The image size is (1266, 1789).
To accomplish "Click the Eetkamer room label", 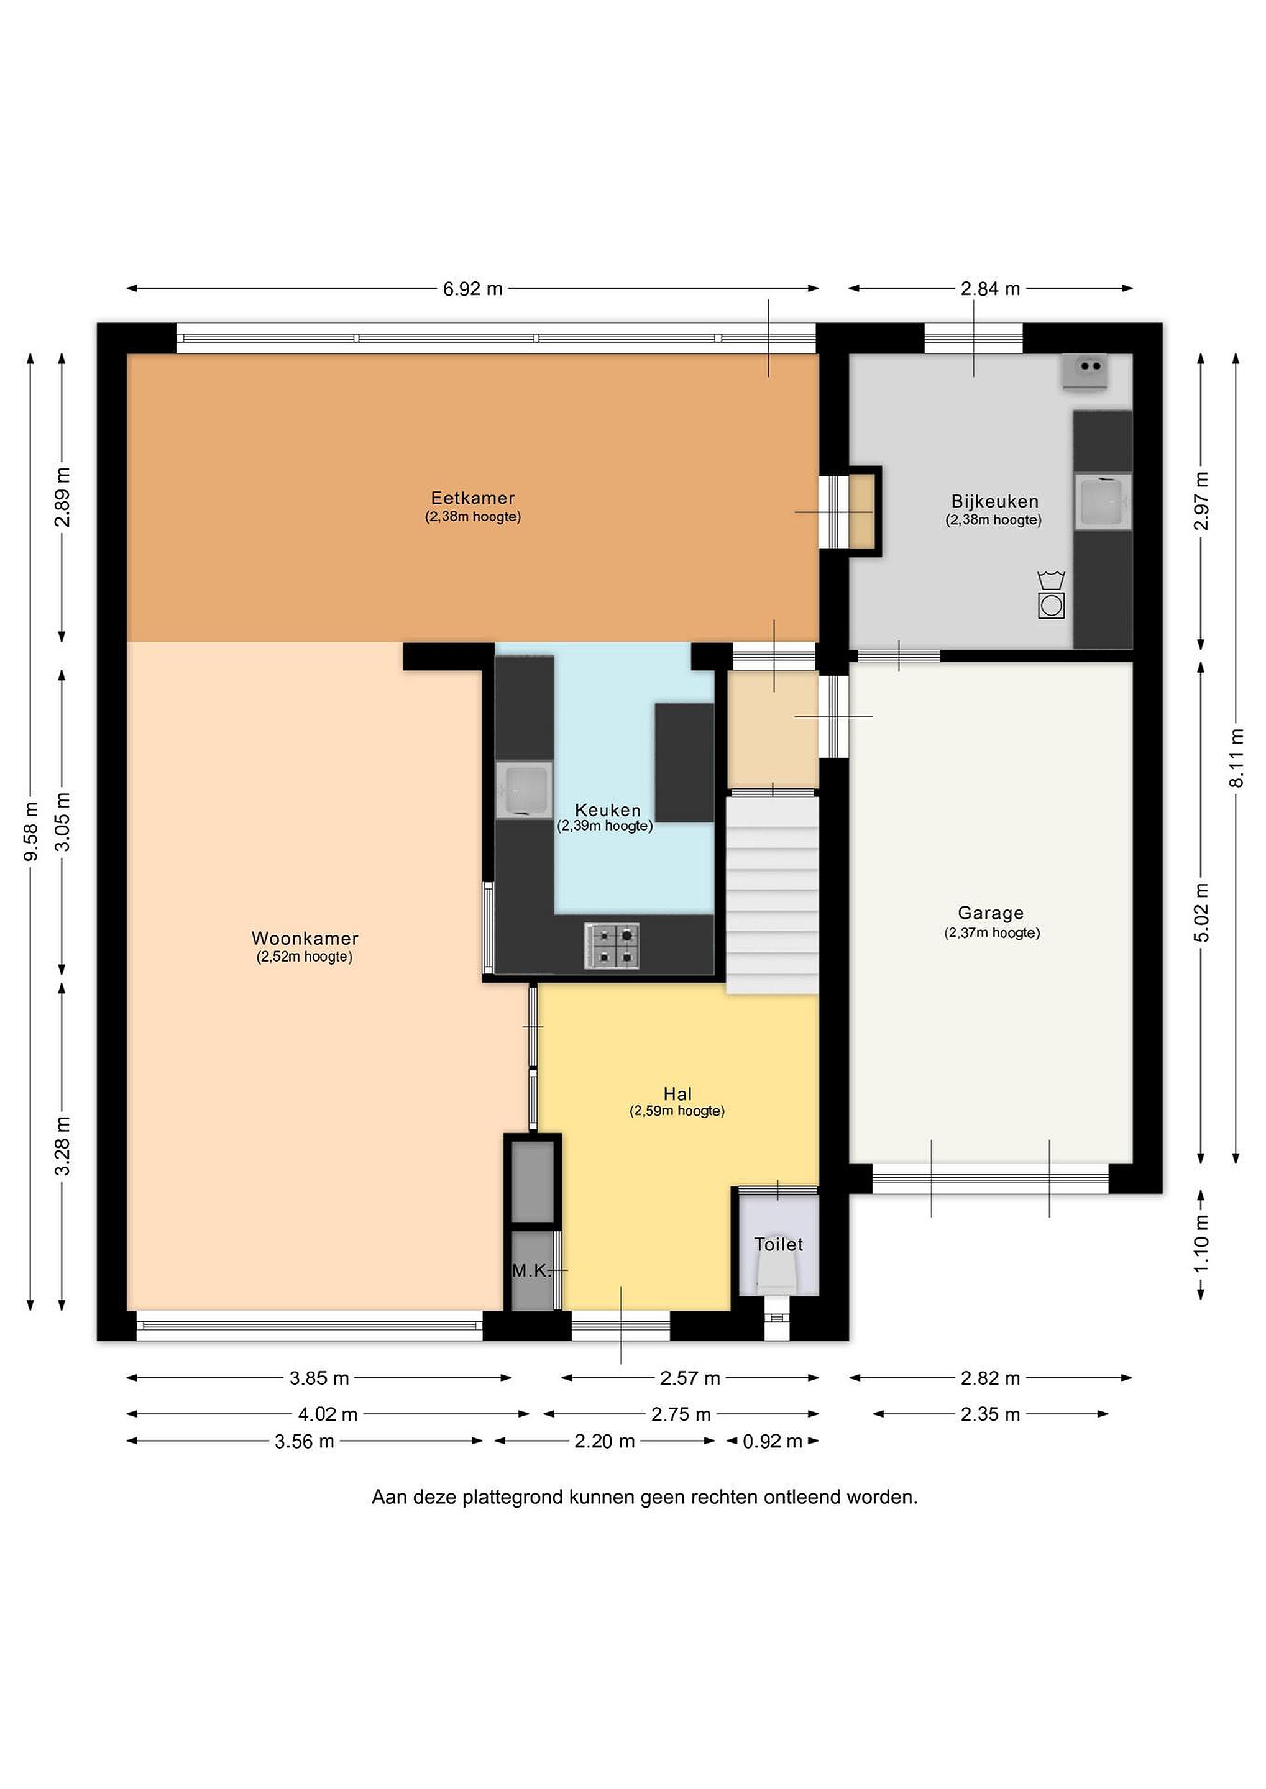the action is coord(472,498).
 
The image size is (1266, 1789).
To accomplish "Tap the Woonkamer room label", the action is coord(305,938).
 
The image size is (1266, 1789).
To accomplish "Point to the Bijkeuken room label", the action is coord(994,501).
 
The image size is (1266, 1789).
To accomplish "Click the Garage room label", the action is coord(991,913).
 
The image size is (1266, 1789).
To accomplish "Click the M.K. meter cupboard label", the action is coord(531,1271).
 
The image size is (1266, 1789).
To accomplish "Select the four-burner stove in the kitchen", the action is coord(612,946).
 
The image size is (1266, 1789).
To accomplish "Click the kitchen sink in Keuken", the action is coord(524,790).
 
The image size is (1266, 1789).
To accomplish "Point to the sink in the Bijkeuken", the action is coord(1103,502).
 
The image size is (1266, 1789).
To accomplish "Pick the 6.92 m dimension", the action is coord(472,288).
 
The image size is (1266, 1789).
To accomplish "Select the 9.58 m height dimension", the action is coord(31,831).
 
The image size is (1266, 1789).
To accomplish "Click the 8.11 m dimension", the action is coord(1236,757).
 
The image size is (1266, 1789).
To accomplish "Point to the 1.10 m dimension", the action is coord(1201,1244).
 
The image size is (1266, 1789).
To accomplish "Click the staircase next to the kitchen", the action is coord(773,894).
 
